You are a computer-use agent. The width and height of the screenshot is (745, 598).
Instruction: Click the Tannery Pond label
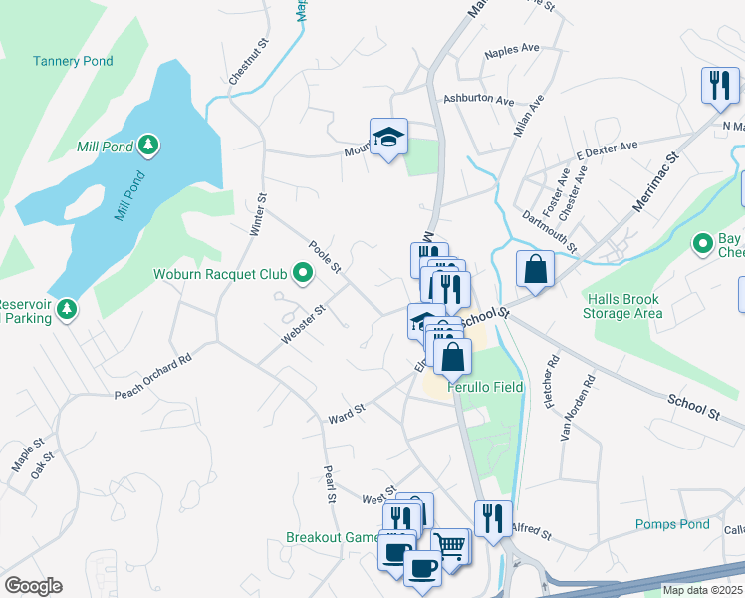click(73, 61)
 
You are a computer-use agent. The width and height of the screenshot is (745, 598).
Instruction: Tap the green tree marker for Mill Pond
click(148, 147)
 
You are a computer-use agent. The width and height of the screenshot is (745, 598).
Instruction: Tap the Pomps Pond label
click(672, 524)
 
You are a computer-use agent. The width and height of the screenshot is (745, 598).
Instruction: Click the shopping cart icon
click(451, 546)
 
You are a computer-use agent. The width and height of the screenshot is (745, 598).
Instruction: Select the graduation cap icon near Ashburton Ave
click(389, 136)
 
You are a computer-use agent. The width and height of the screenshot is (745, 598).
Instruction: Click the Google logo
click(32, 586)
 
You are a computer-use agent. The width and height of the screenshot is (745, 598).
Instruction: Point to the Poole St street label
click(326, 257)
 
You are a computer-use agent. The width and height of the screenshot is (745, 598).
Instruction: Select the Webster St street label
click(304, 325)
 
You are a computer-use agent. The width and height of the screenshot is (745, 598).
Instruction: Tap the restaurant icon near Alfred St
click(492, 518)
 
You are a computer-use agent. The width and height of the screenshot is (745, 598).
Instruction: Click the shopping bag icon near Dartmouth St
click(535, 269)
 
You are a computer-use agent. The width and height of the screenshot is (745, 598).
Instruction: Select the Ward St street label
click(347, 413)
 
